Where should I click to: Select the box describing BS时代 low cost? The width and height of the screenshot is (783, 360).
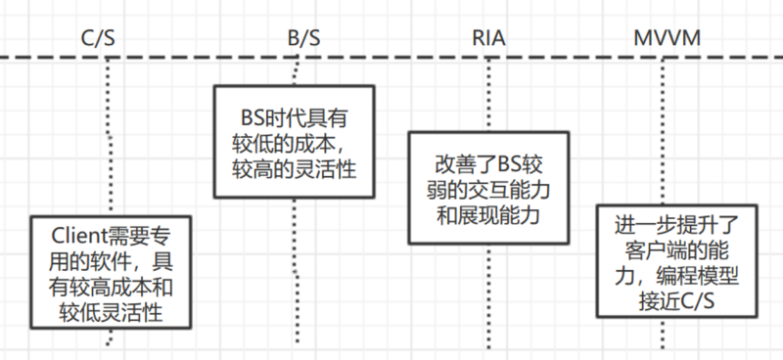click(294, 143)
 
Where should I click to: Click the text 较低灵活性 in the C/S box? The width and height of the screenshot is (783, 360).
click(108, 312)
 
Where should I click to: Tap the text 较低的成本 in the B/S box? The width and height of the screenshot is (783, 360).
click(290, 143)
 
